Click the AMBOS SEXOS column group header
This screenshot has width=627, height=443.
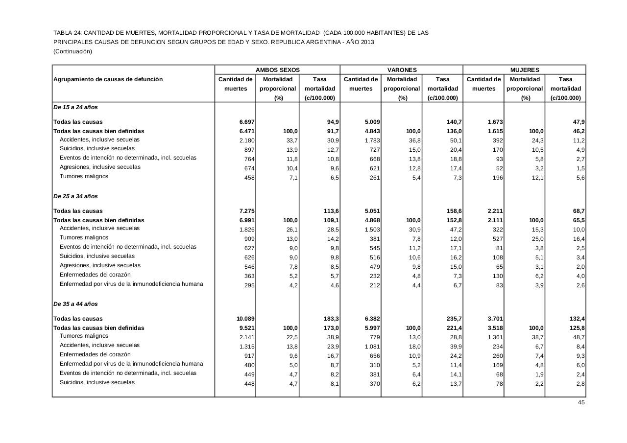coord(277,70)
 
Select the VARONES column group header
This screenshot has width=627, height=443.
coord(402,70)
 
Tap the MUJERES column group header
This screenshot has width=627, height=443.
coord(525,70)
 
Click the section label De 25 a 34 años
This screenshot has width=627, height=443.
coord(75,196)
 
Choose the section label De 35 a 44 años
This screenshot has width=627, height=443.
coord(75,304)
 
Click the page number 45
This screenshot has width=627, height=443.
coord(581,402)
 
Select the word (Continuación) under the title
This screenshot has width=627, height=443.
coord(72,51)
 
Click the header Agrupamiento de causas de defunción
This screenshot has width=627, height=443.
coord(108,79)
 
